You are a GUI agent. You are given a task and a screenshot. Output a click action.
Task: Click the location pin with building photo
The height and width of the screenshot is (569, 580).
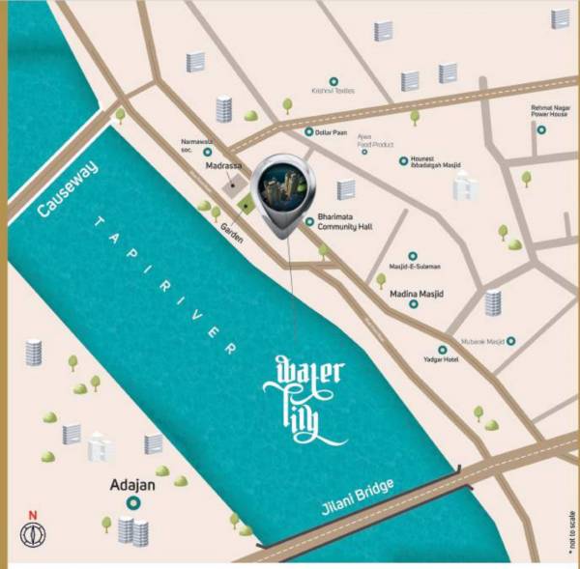tap(281, 193)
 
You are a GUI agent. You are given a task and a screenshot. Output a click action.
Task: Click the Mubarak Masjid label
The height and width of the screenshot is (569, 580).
tap(481, 341)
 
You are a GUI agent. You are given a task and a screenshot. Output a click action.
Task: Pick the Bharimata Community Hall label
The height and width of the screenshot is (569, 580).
tap(345, 223)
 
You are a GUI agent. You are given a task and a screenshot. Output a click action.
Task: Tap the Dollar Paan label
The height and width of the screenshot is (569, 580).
tap(333, 132)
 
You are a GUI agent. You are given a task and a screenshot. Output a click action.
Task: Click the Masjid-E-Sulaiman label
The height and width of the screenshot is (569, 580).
tap(415, 266)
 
